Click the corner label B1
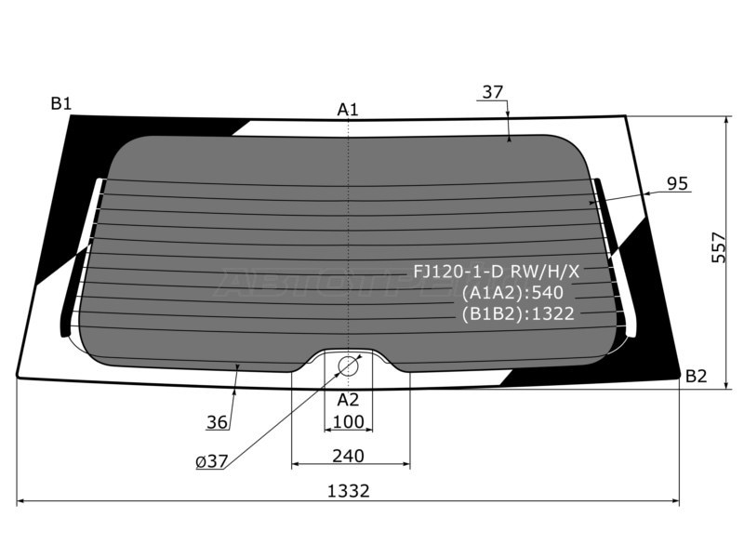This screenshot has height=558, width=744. tap(61, 103)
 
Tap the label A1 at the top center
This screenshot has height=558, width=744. tap(348, 110)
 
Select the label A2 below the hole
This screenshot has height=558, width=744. tap(348, 400)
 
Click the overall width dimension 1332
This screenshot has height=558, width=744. tap(348, 491)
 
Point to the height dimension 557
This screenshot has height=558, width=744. tap(718, 246)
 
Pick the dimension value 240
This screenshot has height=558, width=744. tap(348, 456)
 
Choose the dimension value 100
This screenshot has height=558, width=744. tap(348, 423)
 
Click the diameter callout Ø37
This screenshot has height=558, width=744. tap(213, 460)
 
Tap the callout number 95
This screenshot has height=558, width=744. tap(677, 184)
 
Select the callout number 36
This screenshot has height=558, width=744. tap(218, 422)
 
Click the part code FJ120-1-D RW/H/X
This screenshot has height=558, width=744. tap(497, 271)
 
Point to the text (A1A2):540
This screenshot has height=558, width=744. tap(512, 292)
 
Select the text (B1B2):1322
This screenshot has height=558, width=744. tap(518, 313)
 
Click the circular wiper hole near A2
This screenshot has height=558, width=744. tap(348, 365)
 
